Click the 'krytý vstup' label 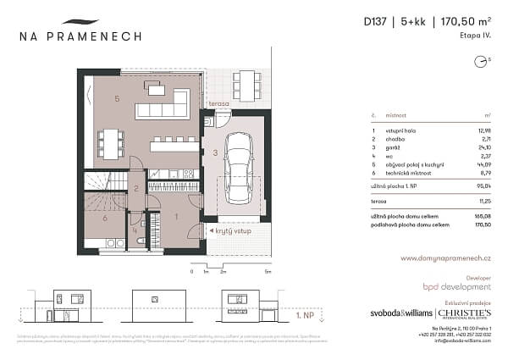coord(230,230)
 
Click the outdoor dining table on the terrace coord(246,82)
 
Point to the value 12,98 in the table coord(483,130)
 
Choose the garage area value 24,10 coord(483,149)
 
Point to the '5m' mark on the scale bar coord(267,273)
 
